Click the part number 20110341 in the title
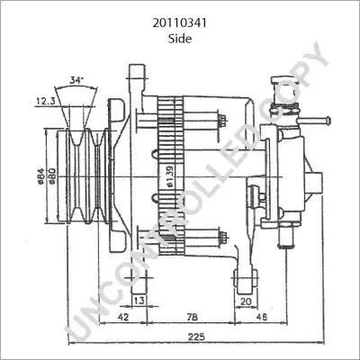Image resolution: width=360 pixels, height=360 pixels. [179, 23]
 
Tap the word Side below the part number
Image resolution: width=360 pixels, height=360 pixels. [180, 39]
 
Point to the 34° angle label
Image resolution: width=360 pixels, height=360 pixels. [76, 80]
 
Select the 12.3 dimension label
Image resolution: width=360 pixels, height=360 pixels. [46, 101]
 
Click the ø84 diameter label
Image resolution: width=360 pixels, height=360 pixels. [41, 175]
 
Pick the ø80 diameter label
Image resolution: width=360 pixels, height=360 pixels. [51, 175]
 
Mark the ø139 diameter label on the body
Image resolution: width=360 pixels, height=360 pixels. [169, 177]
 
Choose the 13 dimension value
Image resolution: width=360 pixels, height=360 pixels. [139, 301]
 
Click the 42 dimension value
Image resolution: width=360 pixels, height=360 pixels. [123, 317]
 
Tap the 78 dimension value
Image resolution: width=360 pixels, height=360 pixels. [192, 317]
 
